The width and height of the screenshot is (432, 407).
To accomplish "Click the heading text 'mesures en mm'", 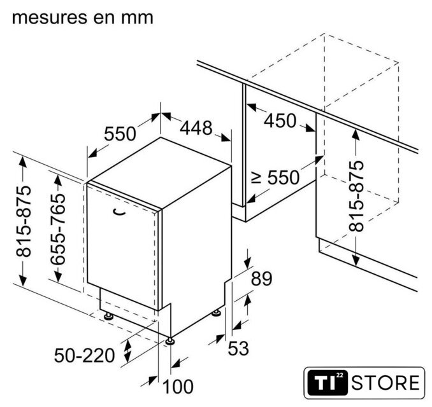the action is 82,18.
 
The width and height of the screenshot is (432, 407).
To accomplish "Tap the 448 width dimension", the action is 196,128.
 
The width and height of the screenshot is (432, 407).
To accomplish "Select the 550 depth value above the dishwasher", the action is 120,134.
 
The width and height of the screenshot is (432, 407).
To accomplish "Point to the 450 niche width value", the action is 280,121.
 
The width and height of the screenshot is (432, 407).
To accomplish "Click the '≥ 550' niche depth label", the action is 275,177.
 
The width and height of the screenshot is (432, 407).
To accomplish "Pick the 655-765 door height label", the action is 58,229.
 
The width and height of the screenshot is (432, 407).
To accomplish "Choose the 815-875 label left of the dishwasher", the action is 24,221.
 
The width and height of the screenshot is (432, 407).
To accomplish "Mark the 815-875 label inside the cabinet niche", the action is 356,196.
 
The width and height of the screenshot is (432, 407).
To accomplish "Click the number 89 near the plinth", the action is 261,279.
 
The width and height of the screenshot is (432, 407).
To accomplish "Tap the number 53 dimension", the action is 238,348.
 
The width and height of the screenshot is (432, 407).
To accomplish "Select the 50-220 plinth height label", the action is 84,355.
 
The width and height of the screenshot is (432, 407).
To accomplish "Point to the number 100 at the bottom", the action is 178,387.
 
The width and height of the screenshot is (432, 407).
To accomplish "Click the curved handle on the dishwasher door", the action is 119,212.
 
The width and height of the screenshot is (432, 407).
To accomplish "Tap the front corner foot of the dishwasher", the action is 169,341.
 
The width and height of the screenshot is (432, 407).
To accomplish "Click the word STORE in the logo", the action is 385,383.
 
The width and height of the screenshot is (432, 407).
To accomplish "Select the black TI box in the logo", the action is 328,383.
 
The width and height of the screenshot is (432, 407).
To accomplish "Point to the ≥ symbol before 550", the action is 257,177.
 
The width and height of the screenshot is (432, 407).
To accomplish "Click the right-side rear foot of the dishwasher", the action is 216,314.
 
